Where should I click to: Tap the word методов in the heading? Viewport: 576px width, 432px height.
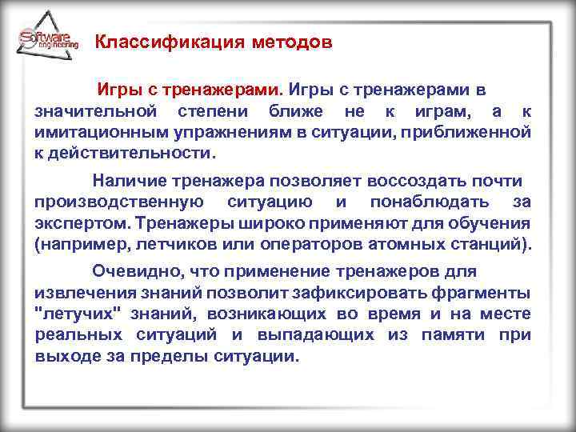[284, 42]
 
